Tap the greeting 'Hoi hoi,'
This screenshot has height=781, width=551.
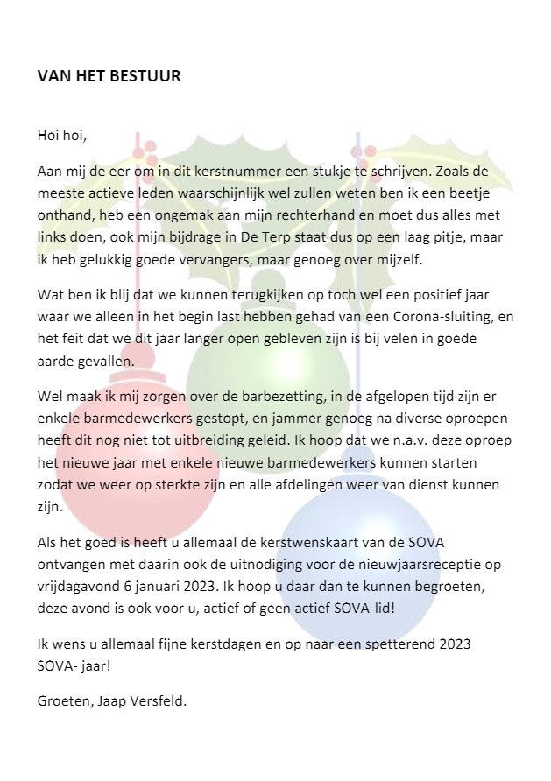click(62, 135)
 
